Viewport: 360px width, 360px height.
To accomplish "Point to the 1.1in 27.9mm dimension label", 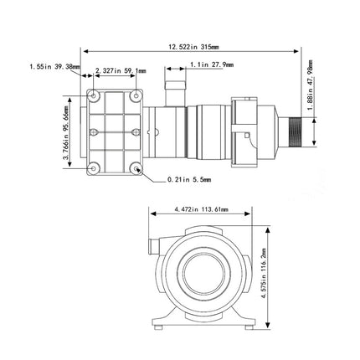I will [211, 64].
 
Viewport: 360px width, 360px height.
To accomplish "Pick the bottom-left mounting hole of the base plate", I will [95, 167].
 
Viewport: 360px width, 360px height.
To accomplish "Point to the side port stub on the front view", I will [152, 247].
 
